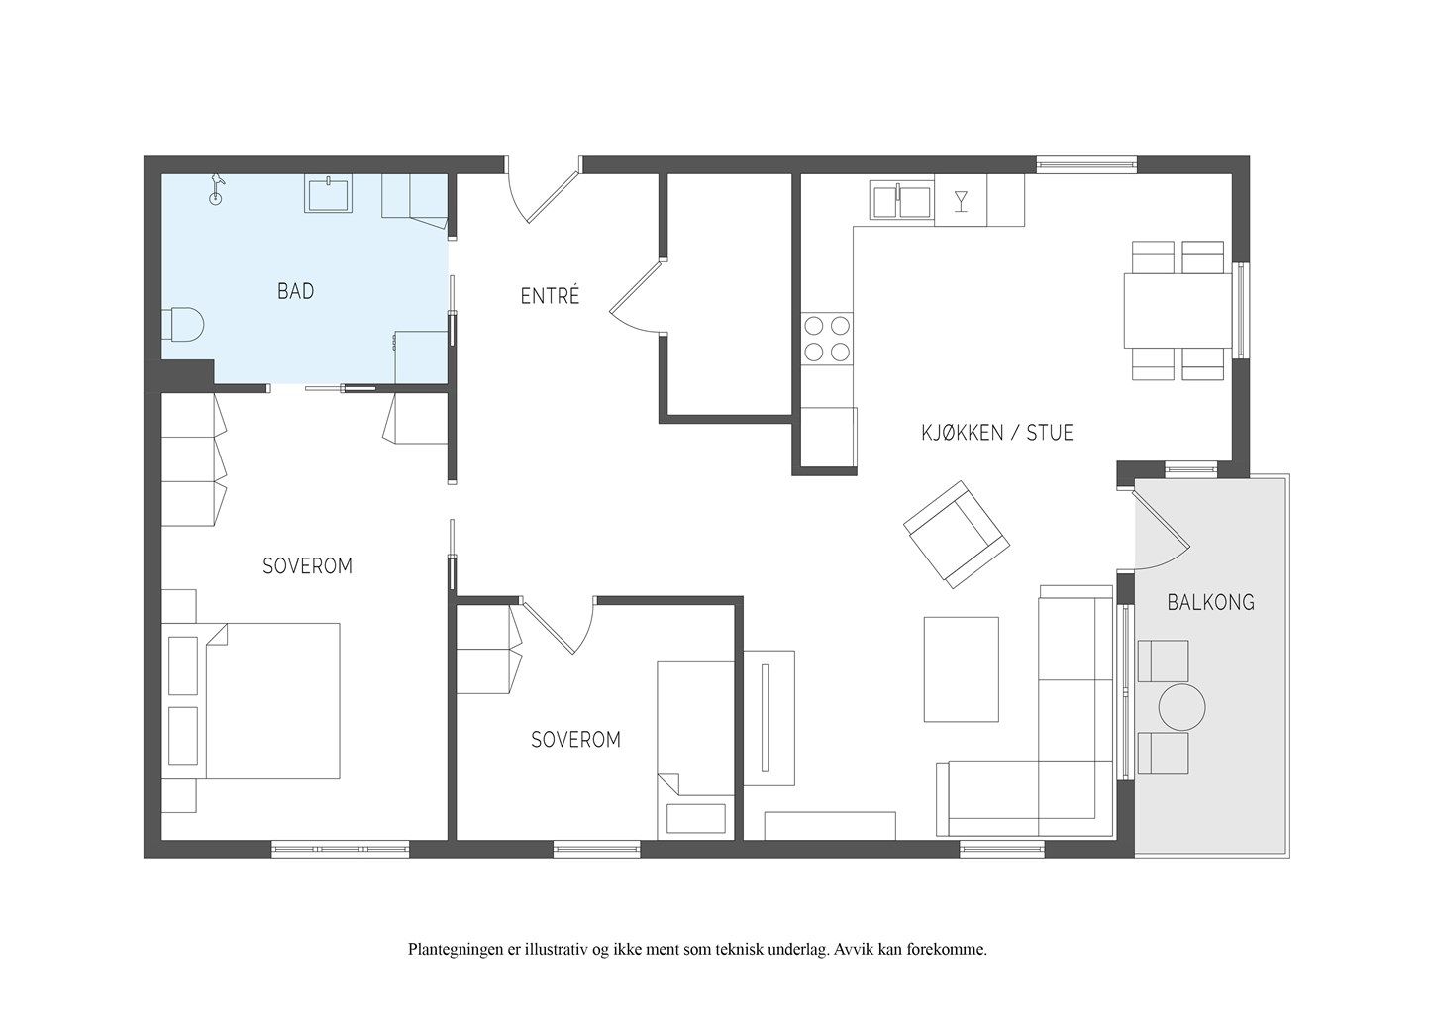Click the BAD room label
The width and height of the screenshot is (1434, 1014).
tap(296, 291)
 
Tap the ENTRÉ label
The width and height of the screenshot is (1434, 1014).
tap(550, 296)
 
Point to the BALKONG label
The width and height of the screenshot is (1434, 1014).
tap(1210, 602)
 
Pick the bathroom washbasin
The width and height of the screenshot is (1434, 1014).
tap(328, 194)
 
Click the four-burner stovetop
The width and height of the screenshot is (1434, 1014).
tap(827, 339)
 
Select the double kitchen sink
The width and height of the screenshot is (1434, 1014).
tap(901, 200)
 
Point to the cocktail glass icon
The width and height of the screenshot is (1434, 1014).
tap(961, 201)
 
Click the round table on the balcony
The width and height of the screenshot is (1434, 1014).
tap(1181, 707)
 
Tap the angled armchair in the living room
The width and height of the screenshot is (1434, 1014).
tap(957, 535)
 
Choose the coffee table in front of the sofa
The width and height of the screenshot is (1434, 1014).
tap(961, 669)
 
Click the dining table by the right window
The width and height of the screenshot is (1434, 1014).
tap(1178, 311)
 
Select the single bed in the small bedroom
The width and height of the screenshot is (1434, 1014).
tap(695, 751)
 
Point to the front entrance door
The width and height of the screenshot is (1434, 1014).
tap(552, 192)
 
